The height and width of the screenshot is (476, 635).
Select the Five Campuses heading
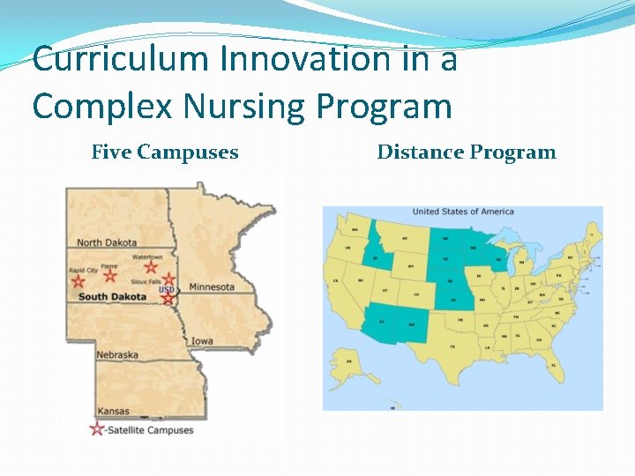coord(165,152)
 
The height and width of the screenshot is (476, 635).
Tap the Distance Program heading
coord(467,152)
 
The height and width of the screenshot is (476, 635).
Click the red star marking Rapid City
coord(78,281)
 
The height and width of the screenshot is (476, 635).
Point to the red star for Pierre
coord(109,275)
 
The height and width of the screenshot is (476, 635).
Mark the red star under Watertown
coord(151,266)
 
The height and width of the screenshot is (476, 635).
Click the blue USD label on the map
coord(166,289)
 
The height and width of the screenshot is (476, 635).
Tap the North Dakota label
coord(107,242)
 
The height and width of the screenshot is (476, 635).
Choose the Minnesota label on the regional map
coord(212,286)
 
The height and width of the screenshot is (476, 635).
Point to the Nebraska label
coord(117,354)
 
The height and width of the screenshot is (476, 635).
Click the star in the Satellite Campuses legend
coord(96,429)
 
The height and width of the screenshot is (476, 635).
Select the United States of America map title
coord(462,212)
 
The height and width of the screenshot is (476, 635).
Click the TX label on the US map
coord(453,346)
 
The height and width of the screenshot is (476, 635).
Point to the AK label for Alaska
coord(349,361)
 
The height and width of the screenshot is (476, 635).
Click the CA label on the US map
coord(336,281)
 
